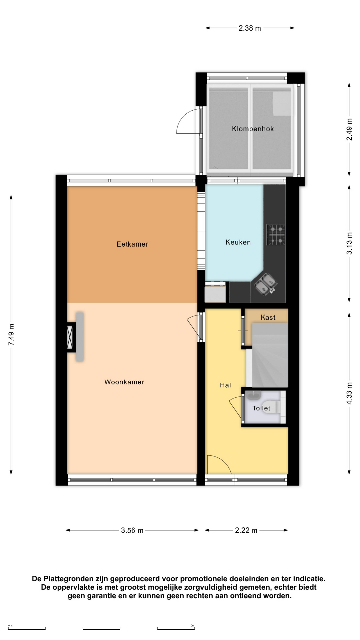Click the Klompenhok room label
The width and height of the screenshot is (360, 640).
pos(253,129)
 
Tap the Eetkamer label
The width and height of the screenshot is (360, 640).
pos(132,244)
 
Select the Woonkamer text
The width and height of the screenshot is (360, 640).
pos(124,382)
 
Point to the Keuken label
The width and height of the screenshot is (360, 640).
pos(238,242)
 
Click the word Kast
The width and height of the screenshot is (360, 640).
pos(268,317)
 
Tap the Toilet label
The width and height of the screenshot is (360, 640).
pos(261,408)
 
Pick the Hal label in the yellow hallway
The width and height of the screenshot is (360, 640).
pos(225,385)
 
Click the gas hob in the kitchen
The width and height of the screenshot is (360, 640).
pos(276,235)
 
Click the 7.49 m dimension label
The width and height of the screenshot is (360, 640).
pos(11,334)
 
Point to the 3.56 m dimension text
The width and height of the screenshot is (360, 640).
pos(132,530)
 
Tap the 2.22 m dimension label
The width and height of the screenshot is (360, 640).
pos(246,530)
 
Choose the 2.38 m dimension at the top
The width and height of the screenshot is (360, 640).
pos(250,28)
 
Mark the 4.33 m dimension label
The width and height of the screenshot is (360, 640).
pos(349,393)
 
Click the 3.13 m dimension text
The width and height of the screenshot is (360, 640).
pos(349,243)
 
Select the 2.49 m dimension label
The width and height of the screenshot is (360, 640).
pos(349,129)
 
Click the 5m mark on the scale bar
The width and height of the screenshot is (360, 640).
pos(192,626)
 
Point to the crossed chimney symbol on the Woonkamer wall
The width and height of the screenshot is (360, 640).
pos(70,337)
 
